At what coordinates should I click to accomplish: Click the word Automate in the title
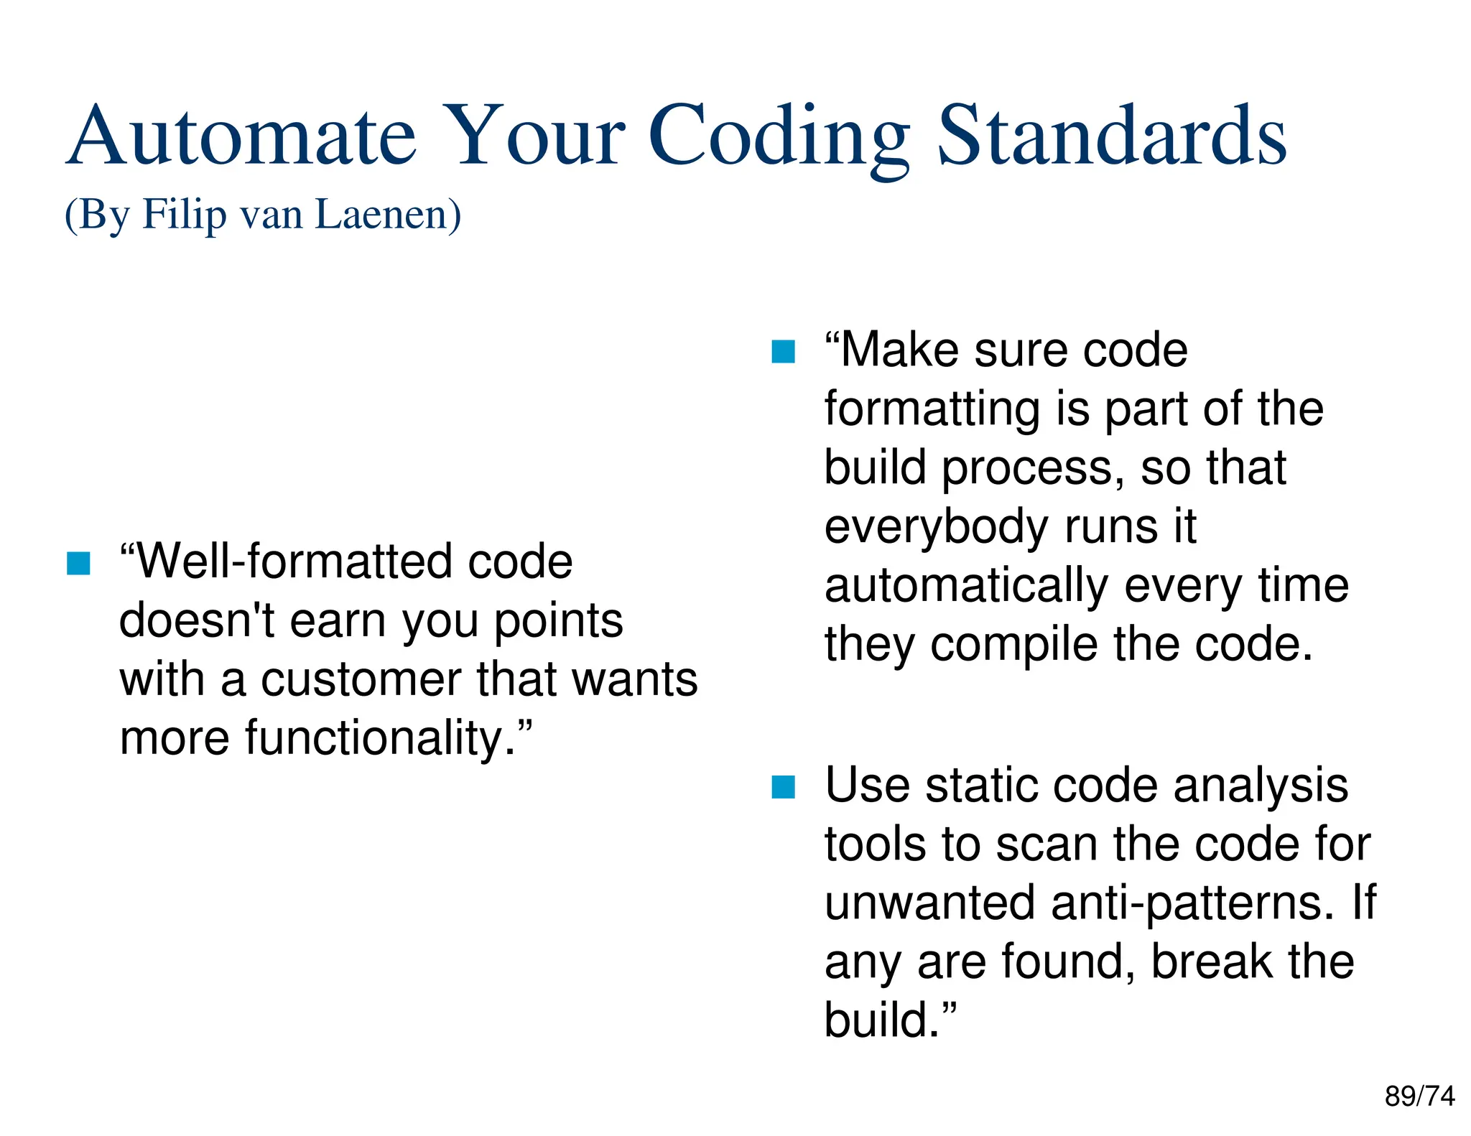click(x=241, y=136)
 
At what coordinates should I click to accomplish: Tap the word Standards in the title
click(x=1111, y=136)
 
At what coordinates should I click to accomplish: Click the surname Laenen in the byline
click(x=388, y=214)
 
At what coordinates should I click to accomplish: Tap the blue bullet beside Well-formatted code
click(x=78, y=563)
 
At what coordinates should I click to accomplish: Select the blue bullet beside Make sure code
click(x=783, y=352)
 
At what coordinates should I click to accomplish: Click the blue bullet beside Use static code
click(x=783, y=787)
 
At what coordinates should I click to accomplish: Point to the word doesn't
click(x=196, y=620)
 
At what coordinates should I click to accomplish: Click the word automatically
click(x=966, y=586)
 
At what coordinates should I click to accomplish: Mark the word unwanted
click(x=929, y=903)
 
